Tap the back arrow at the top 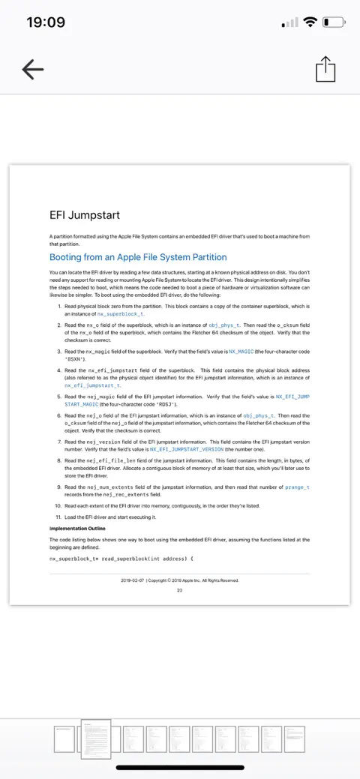coord(32,70)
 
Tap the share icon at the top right coord(325,70)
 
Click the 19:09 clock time coord(46,22)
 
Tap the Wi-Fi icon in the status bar coord(310,22)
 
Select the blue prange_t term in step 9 coord(297,487)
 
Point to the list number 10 coord(58,506)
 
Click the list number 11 coord(58,517)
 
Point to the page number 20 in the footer coord(180,589)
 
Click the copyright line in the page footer coord(180,580)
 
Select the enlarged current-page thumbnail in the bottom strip coord(95,740)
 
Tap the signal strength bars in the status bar coord(289,23)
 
